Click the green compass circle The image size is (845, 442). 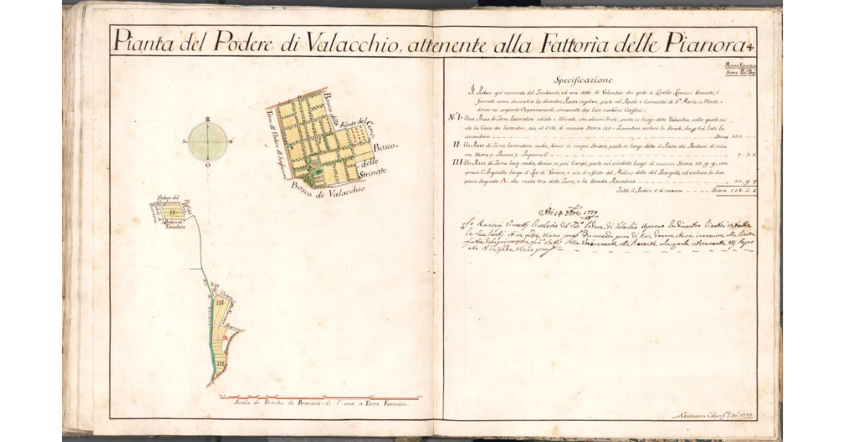(x=208, y=141)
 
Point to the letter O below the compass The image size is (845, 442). (x=208, y=165)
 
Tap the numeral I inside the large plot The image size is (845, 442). (x=321, y=140)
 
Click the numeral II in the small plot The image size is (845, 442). (x=171, y=210)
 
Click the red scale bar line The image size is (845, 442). (x=317, y=398)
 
